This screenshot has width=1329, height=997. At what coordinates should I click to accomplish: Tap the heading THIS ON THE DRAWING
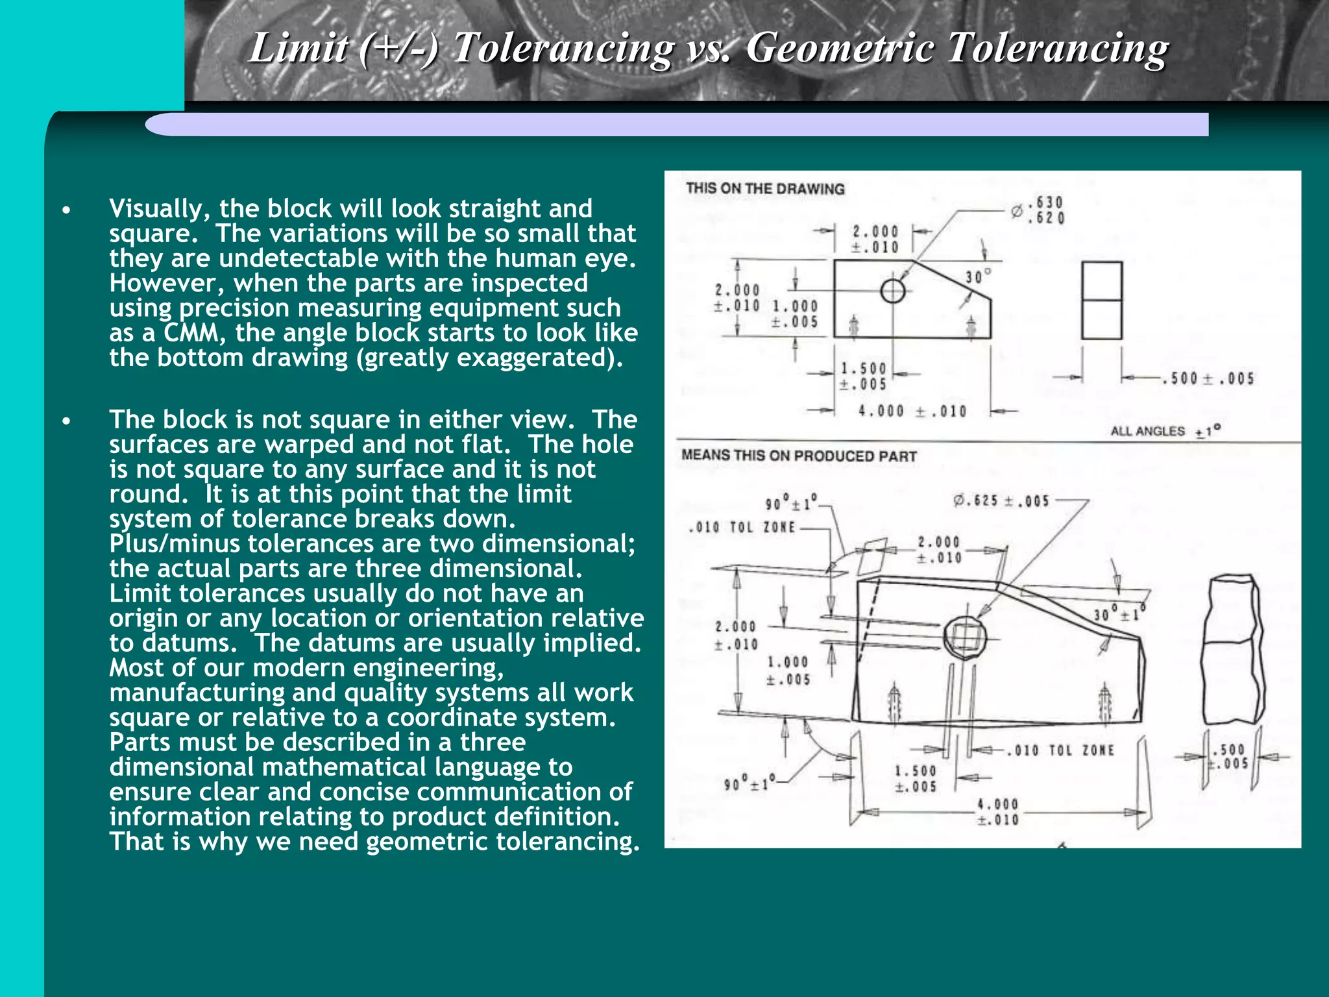click(x=765, y=189)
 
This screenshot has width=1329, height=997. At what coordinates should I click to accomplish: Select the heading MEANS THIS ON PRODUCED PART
click(x=799, y=456)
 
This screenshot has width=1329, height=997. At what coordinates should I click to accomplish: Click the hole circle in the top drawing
click(x=893, y=291)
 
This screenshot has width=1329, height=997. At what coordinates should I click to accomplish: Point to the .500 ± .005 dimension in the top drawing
click(x=1208, y=378)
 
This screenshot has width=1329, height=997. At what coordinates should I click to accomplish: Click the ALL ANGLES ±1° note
click(x=1165, y=431)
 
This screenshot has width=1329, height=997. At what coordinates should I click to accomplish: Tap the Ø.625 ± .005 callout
click(x=1001, y=500)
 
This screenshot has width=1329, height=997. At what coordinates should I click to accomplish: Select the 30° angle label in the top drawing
click(x=978, y=277)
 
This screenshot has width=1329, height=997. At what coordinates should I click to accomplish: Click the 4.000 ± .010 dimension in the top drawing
click(x=912, y=411)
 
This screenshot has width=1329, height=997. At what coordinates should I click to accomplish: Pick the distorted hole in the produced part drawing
click(x=965, y=637)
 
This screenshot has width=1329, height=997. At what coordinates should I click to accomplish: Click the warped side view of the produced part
click(x=1232, y=649)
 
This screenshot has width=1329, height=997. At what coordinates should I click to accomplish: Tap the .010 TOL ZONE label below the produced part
click(x=1060, y=750)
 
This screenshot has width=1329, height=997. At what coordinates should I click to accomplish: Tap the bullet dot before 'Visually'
click(x=66, y=210)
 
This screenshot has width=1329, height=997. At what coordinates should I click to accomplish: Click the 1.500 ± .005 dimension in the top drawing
click(x=863, y=376)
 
